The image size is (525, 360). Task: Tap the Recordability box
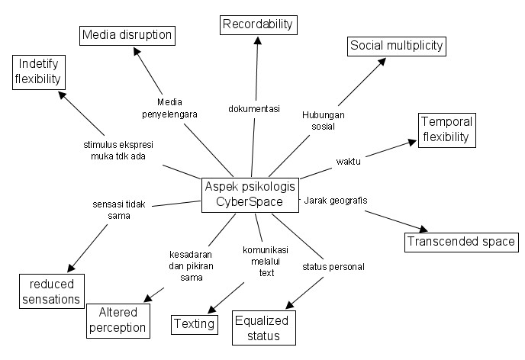258,24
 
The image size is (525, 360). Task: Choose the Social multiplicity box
396,46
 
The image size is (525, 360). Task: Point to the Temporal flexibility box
447,130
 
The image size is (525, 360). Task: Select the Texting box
194,323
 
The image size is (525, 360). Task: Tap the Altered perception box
117,320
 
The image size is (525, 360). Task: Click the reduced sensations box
51,291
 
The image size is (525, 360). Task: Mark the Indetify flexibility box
37,71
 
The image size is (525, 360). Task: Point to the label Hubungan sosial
323,121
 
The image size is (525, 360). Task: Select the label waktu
348,161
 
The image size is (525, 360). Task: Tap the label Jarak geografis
336,201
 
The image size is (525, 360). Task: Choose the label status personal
333,266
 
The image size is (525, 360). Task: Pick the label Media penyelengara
169,108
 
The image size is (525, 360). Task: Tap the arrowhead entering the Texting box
210,309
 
